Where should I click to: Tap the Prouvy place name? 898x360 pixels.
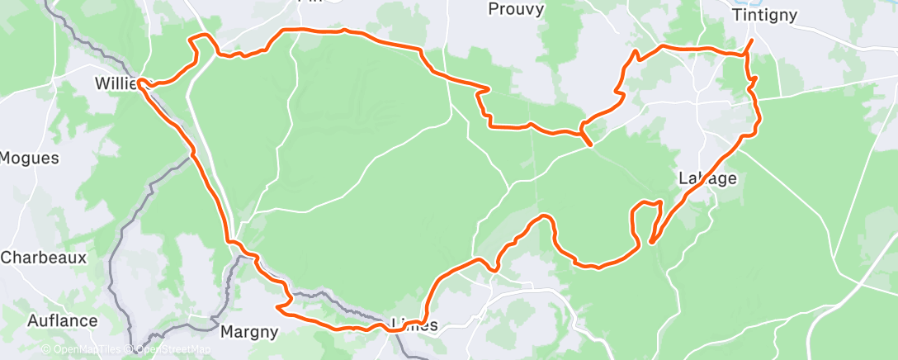point(516,9)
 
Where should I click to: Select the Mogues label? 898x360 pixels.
point(30,158)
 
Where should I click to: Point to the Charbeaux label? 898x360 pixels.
point(43,258)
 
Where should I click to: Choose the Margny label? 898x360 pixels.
point(248,332)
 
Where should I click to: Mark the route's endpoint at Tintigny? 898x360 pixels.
point(752,40)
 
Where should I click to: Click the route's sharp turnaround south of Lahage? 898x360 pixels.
point(652,242)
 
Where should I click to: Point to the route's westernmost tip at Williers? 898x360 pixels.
point(139,82)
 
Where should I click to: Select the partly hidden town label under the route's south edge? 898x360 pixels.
point(410,323)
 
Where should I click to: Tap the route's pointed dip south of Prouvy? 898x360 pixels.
point(589,144)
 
